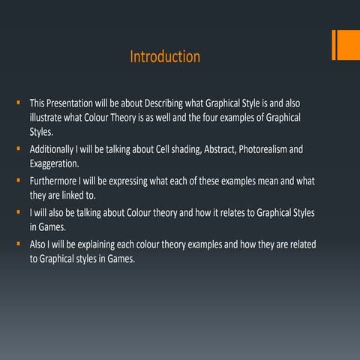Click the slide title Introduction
point(165,57)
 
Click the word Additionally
point(55,149)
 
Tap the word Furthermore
point(55,181)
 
